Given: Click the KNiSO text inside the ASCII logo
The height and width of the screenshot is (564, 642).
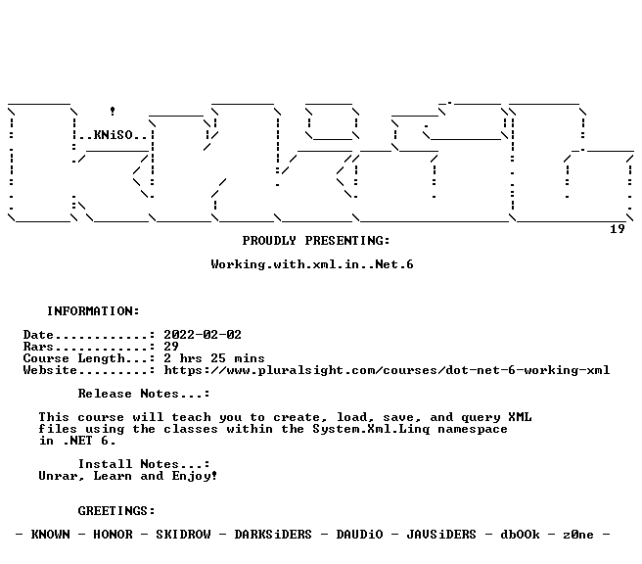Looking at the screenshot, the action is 114,135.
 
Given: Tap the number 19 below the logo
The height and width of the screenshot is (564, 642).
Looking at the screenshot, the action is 618,229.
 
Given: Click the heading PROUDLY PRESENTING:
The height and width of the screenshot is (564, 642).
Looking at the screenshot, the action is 316,241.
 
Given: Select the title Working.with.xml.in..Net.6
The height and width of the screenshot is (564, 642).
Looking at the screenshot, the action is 312,264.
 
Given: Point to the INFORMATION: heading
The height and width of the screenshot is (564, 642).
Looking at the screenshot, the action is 93,311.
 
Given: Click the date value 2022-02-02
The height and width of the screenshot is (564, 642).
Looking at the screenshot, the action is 203,335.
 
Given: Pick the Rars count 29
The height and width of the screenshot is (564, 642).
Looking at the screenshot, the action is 171,347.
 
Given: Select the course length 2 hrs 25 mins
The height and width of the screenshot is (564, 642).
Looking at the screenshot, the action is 214,358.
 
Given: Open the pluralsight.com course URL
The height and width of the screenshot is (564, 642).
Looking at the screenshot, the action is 387,370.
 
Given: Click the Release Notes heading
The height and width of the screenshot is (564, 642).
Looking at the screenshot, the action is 144,394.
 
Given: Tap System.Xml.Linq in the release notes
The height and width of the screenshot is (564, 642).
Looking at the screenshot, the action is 371,429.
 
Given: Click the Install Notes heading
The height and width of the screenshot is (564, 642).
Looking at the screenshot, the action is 144,464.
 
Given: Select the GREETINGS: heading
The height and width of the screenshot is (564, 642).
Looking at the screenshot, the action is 116,511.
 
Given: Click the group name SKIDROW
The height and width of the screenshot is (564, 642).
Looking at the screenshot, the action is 183,535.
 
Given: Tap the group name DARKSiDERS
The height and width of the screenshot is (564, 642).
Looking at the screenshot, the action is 273,535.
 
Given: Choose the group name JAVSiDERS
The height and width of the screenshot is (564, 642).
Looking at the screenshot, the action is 441,535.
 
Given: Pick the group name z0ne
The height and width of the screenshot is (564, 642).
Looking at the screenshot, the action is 578,535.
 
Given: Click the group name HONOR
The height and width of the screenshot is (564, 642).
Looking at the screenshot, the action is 113,535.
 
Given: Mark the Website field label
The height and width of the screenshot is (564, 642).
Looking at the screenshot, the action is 50,370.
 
